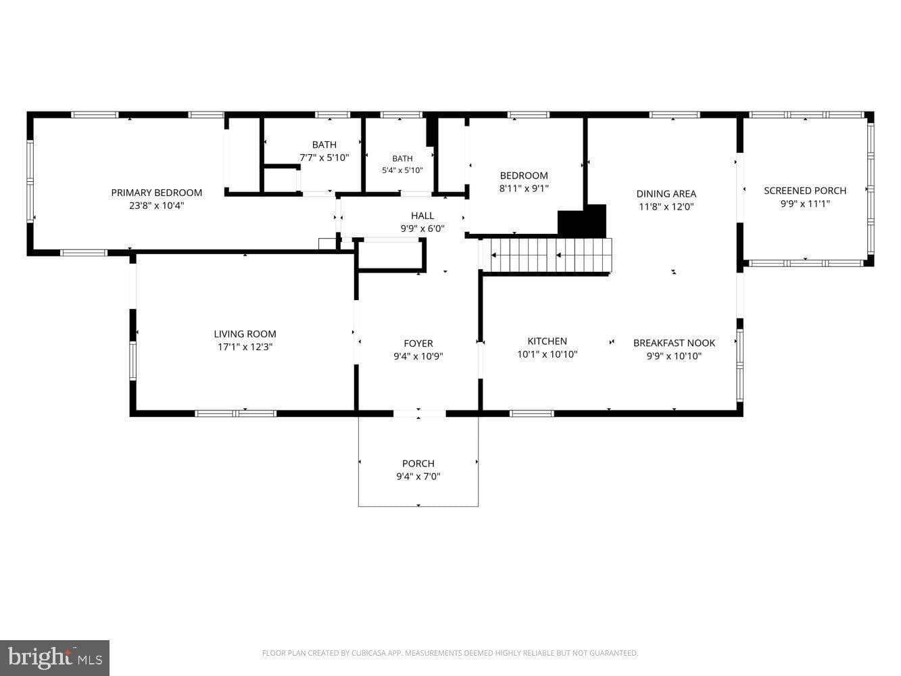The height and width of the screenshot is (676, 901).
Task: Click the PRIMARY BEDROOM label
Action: [x=156, y=193]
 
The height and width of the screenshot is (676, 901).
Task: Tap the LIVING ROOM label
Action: [x=245, y=334]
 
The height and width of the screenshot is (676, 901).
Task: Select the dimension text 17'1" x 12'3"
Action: [x=245, y=347]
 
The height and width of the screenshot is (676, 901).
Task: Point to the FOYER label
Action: [x=418, y=343]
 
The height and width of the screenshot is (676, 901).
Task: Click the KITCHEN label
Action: [x=547, y=341]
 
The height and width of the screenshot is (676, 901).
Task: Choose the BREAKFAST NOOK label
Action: [x=674, y=343]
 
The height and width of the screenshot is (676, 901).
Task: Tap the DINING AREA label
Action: [x=666, y=193]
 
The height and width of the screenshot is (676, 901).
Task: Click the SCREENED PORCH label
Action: [x=805, y=191]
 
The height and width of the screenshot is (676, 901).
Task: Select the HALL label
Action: [x=422, y=216]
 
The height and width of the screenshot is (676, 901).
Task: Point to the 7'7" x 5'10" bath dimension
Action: [x=324, y=158]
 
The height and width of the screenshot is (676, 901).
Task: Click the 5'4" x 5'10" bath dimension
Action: [x=402, y=170]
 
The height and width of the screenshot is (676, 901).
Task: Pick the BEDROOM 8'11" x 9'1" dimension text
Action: [x=524, y=189]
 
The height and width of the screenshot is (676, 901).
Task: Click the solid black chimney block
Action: [x=582, y=221]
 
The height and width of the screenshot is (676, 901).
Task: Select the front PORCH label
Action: [x=418, y=463]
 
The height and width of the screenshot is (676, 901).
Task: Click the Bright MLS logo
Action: [x=55, y=658]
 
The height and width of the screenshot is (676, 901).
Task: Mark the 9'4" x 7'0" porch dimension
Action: [x=418, y=477]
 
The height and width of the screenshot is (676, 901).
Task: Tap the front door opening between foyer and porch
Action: [x=420, y=413]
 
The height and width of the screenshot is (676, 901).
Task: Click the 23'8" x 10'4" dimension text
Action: [x=156, y=206]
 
